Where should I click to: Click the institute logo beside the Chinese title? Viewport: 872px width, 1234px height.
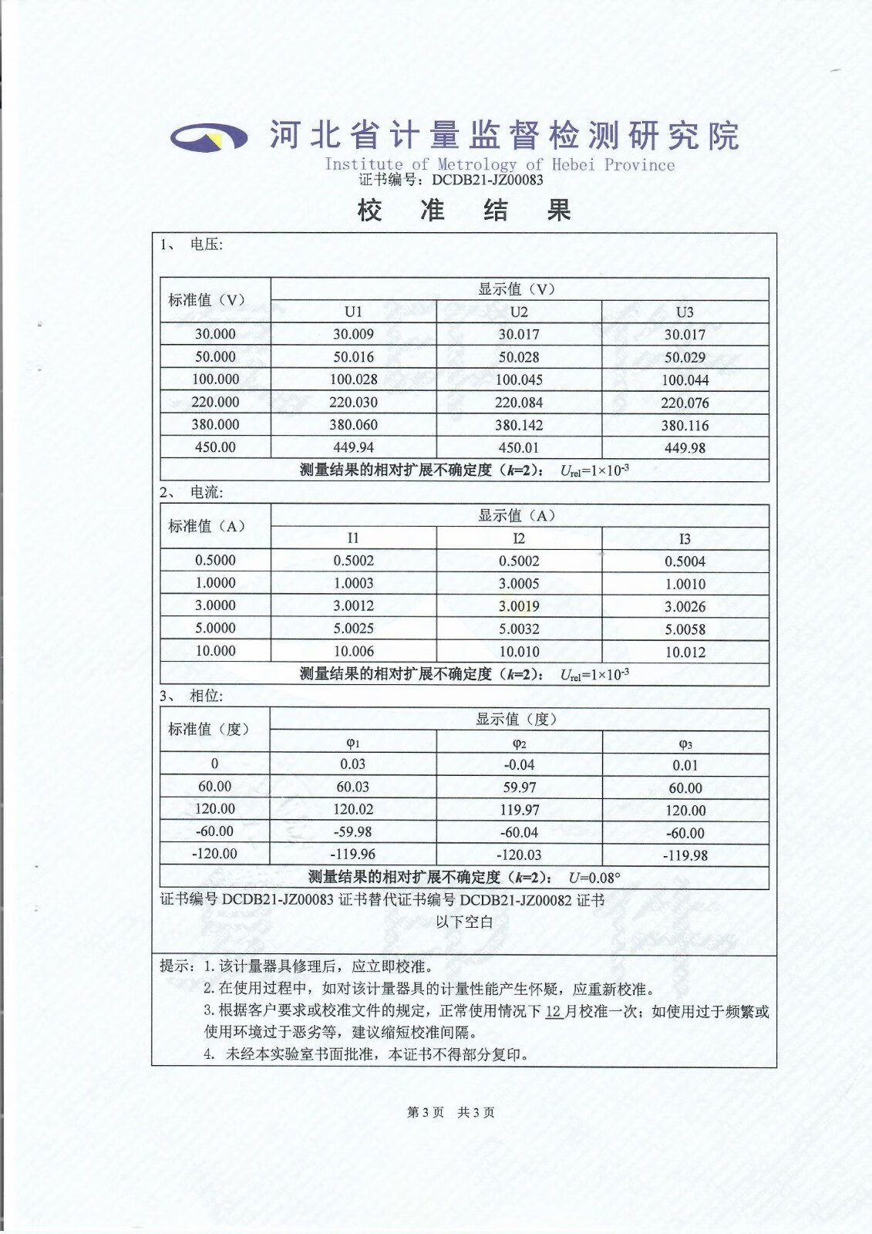(209, 137)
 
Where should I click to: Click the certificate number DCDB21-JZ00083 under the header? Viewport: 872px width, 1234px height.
(487, 180)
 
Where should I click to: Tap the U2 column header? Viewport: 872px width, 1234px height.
(519, 312)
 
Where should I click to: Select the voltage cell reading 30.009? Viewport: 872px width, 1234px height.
(353, 334)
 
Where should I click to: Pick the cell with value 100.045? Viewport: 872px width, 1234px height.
(519, 379)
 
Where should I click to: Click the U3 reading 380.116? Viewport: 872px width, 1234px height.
(685, 425)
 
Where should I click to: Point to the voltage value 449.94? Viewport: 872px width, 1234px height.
(353, 447)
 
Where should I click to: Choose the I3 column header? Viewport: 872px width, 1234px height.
(685, 538)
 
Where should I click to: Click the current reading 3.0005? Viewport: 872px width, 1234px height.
(519, 584)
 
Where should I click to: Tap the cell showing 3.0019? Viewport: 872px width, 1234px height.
(519, 606)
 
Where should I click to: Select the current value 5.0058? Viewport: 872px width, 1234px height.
(685, 629)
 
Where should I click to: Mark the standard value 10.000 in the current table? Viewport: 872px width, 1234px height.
(215, 651)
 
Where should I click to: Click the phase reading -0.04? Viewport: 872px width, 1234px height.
(519, 765)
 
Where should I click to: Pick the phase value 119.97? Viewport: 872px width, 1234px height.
(519, 810)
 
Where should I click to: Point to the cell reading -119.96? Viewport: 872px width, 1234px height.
(353, 855)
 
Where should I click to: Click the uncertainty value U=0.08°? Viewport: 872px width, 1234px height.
(594, 878)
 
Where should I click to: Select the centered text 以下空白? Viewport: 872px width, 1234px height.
(464, 922)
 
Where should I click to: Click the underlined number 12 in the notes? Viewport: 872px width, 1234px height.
(554, 1011)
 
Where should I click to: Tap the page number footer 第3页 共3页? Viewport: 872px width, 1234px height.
(451, 1112)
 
